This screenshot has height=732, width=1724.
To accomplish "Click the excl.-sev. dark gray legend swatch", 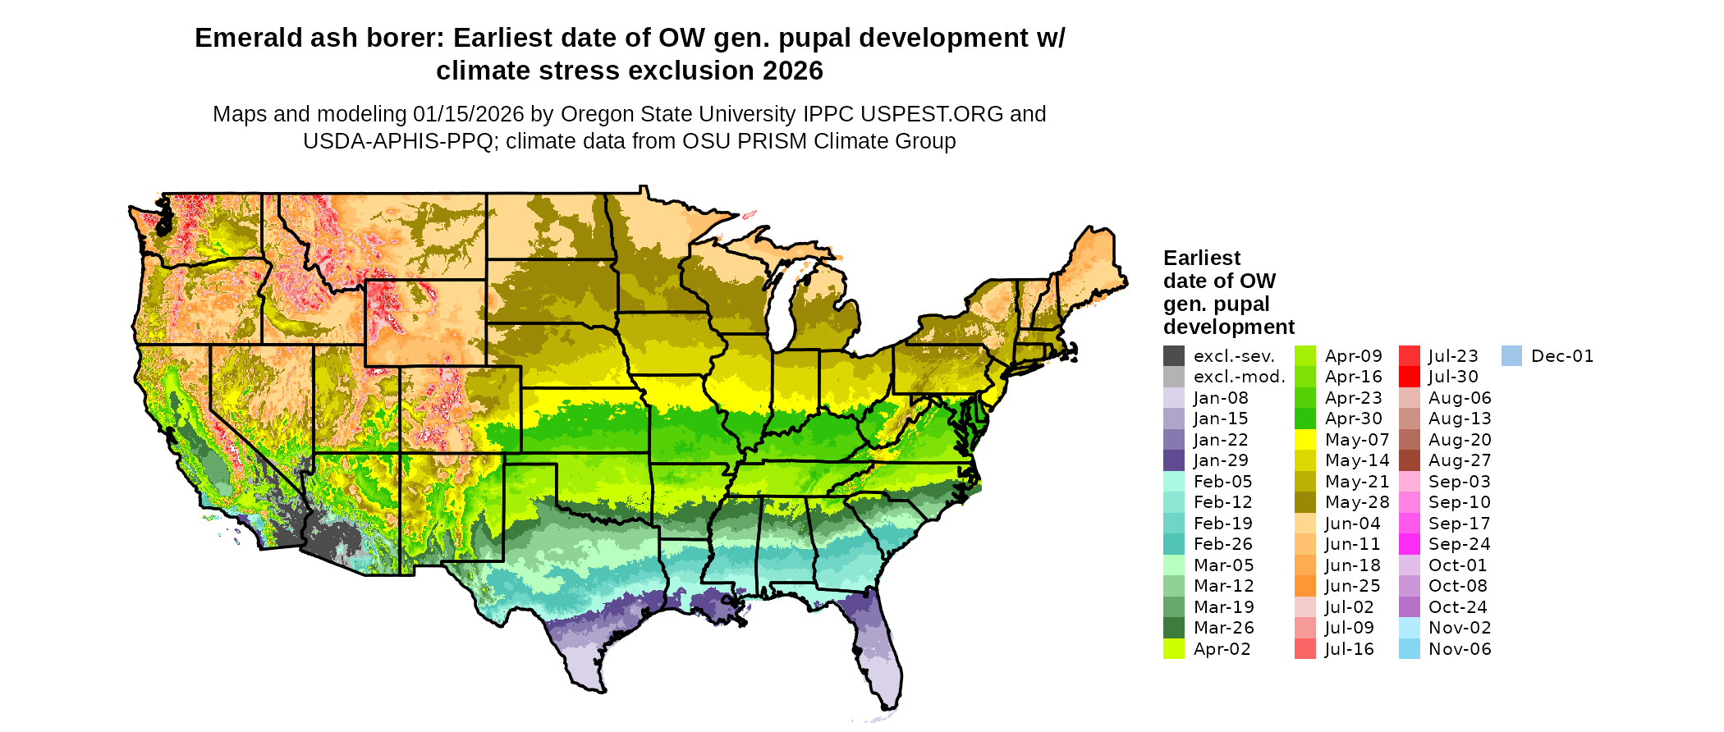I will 1173,356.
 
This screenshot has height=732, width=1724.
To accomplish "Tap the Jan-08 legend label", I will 1221,398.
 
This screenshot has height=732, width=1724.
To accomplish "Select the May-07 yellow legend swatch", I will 1304,440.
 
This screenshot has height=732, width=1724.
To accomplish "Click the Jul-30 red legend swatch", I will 1409,377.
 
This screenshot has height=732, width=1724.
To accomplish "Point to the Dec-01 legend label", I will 1562,356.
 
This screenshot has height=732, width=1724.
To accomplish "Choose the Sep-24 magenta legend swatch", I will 1409,544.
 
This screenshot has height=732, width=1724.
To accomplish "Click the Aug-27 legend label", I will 1460,460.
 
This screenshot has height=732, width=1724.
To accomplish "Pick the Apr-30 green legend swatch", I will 1304,419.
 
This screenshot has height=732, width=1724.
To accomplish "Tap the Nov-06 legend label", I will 1460,649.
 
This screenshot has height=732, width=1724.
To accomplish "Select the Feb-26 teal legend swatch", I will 1173,544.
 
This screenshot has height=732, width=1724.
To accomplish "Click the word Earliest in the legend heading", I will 1202,258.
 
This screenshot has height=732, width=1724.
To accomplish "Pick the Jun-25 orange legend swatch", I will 1304,586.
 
